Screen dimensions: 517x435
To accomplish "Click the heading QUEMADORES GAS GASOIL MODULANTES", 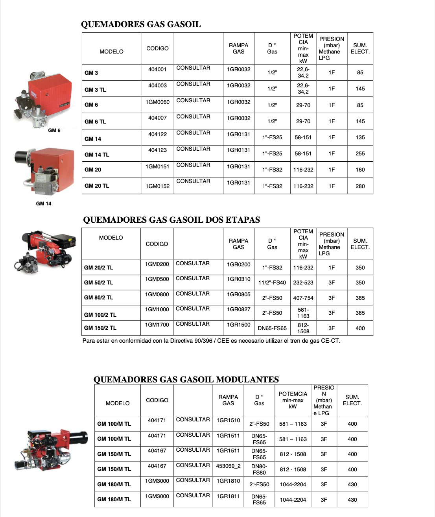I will pos(186,379).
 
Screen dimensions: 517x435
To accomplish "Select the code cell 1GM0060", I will pos(157,102).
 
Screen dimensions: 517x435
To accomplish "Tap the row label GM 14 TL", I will pos(97,155).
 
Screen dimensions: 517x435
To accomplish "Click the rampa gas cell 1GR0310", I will pos(238,279).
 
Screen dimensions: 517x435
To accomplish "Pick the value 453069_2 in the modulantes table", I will pos(228,466).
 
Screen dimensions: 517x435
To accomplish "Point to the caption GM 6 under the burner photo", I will pos(54,130).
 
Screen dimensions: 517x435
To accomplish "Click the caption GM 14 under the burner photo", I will pos(44,203).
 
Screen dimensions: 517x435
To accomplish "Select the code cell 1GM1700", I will pos(157,325).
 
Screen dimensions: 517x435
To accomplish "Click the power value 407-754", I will pos(303,298).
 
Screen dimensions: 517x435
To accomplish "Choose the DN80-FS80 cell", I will pos(259,469).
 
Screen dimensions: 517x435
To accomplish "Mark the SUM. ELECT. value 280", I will pos(360,186).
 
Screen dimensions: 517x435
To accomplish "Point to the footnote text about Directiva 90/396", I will pos(211,341).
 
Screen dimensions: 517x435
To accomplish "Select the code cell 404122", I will pos(157,134).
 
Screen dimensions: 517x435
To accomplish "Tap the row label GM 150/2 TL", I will pos(100,328).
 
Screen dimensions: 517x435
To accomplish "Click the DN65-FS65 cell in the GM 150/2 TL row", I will pos(272,328).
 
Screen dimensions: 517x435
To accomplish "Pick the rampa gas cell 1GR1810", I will pos(228,481).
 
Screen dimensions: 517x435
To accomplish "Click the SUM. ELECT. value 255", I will pos(360,153).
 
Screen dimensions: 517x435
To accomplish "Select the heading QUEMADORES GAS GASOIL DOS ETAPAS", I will pos(171,220).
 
